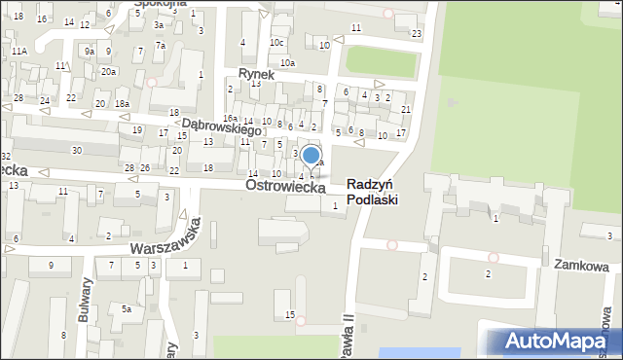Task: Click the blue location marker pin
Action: (x=311, y=155)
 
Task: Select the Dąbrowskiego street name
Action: (x=222, y=126)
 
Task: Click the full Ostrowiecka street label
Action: (x=285, y=185)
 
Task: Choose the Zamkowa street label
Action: (x=581, y=266)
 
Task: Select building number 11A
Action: (x=19, y=51)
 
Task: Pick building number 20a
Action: (x=109, y=71)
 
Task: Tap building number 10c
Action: (x=277, y=43)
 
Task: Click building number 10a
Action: (x=287, y=63)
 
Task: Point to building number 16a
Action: (x=230, y=117)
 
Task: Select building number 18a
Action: (x=122, y=104)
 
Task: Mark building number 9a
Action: (x=89, y=51)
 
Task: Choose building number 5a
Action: (x=127, y=308)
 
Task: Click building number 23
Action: (x=416, y=34)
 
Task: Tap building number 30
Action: (x=76, y=150)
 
